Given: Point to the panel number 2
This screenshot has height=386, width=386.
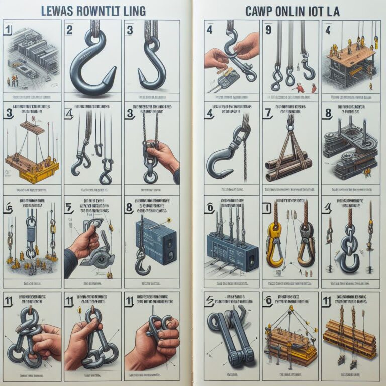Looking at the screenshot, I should point(69,30).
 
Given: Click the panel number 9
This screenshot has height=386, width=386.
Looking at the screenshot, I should point(268,30).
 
